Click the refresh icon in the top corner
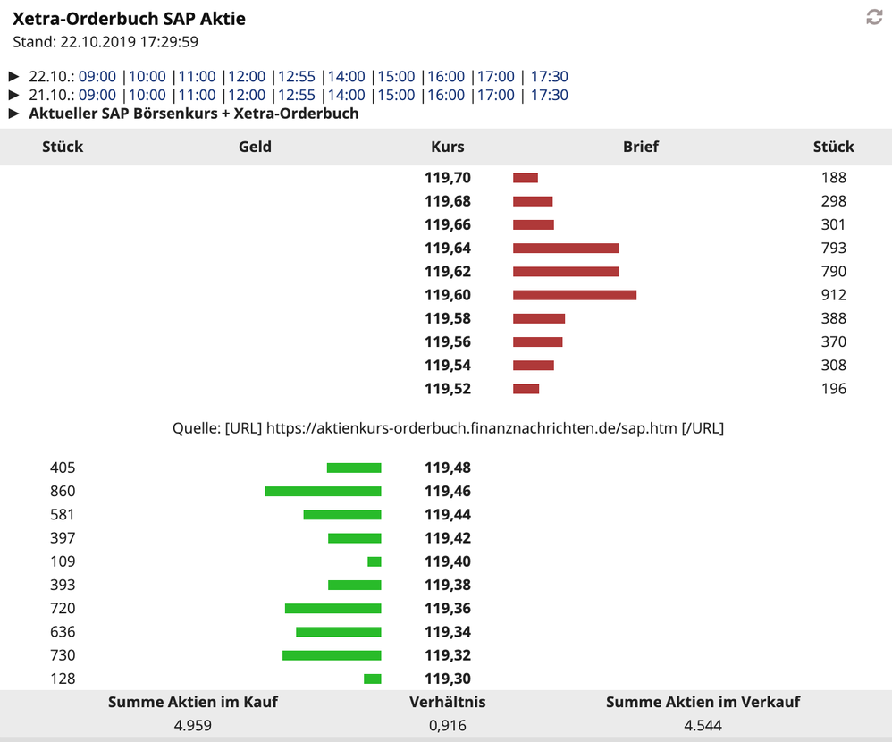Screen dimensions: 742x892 pos(874,17)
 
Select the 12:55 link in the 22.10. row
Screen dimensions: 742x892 pos(297,77)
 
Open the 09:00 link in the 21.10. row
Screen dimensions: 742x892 pos(97,95)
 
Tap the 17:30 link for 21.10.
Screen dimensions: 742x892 pos(550,95)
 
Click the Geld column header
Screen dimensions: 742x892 pos(255,147)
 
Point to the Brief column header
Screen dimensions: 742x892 pos(641,147)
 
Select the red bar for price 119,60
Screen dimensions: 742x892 pos(575,295)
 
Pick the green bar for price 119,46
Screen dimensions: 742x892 pos(324,492)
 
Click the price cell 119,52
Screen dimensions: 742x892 pos(448,389)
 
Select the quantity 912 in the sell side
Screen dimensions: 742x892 pos(833,295)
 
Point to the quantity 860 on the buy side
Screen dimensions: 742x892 pos(63,492)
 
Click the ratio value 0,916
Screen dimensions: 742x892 pos(447,725)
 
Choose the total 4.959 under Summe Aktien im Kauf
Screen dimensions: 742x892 pos(192,725)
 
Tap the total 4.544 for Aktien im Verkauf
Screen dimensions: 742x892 pos(703,725)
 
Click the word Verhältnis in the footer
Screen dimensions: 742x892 pos(447,702)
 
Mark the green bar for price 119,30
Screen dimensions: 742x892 pos(373,679)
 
